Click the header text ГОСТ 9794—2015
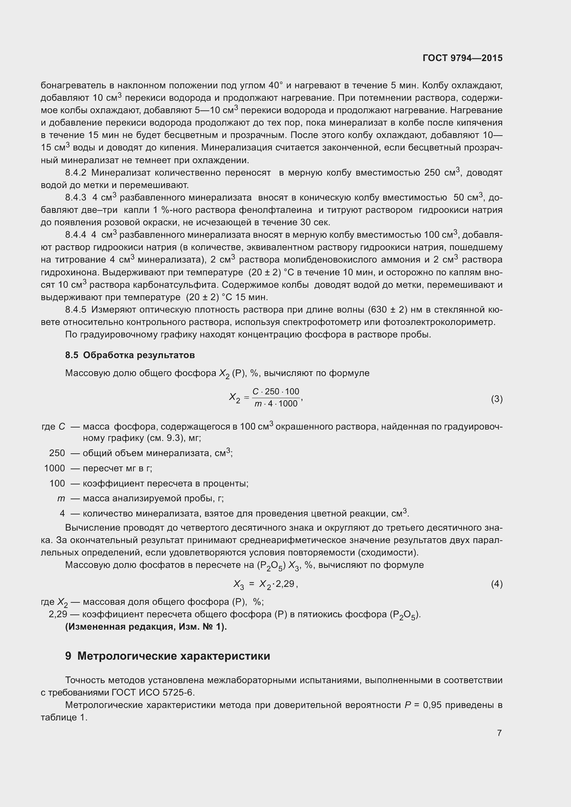coord(462,58)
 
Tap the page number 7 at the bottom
coord(499,733)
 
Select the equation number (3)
coord(496,399)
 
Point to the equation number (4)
coord(496,584)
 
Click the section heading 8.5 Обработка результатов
coord(130,355)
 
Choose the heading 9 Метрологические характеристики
coord(167,656)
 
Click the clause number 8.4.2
coord(76,173)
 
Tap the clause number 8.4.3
coord(76,198)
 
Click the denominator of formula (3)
coord(276,404)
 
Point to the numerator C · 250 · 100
coord(276,392)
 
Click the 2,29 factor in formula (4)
coord(285,584)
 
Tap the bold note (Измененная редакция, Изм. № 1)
coord(146,627)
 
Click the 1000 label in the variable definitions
coord(55,468)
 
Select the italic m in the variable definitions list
coord(61,499)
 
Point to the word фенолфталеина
coord(275,210)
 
